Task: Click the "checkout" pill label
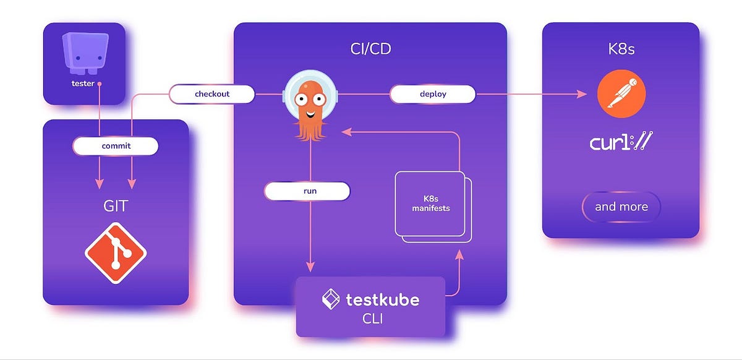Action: (x=212, y=94)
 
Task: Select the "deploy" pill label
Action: (x=433, y=94)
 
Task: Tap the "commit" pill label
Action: (x=116, y=146)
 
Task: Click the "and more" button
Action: (x=621, y=207)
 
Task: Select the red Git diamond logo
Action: (x=116, y=252)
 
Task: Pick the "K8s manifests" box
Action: (x=431, y=204)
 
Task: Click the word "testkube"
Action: (x=382, y=300)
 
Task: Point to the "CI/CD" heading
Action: (x=370, y=49)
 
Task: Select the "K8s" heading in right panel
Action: (x=620, y=49)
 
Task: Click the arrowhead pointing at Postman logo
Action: (x=582, y=94)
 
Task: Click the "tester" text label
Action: (x=83, y=83)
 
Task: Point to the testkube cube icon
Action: (x=331, y=300)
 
